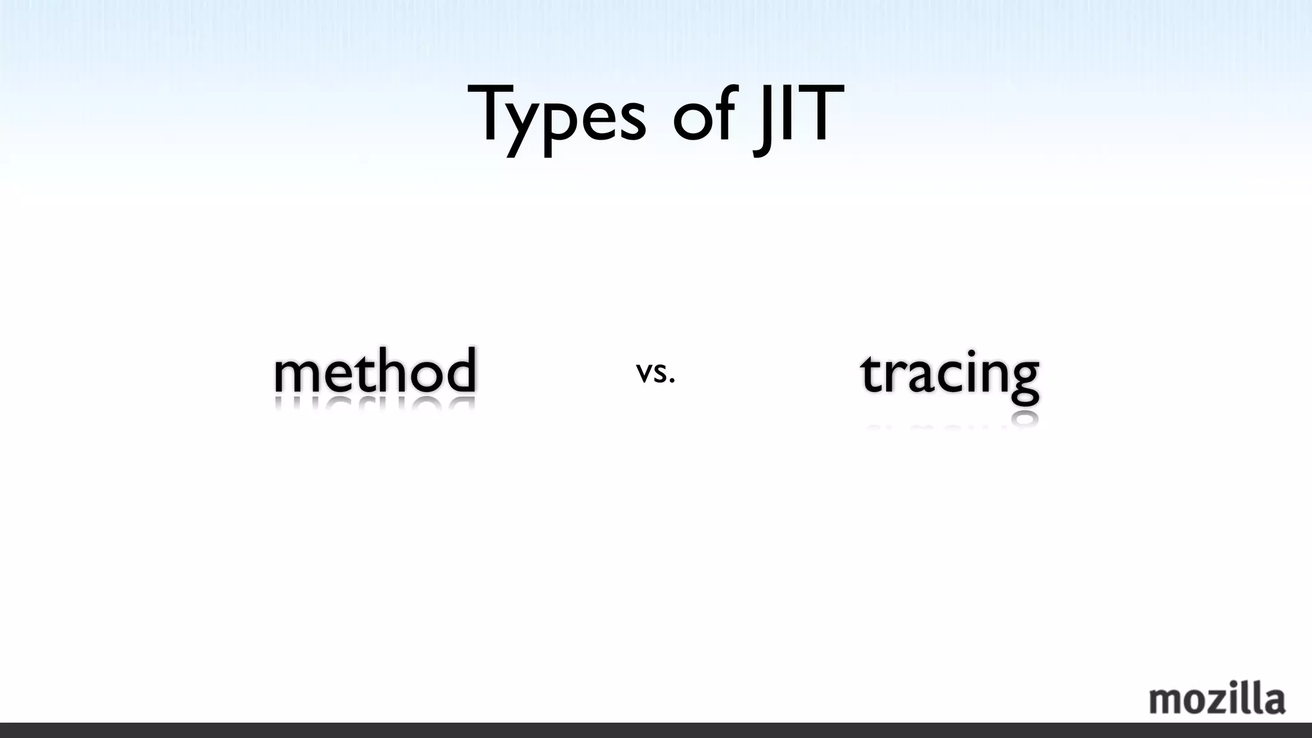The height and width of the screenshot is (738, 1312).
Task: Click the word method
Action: tap(375, 371)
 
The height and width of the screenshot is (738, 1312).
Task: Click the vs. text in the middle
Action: tap(655, 372)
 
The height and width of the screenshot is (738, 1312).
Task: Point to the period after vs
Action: tap(671, 382)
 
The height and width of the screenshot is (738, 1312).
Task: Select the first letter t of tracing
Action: tap(869, 373)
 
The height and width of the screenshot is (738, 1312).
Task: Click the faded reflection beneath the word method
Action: tap(375, 404)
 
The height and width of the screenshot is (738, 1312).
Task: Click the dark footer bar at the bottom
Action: tap(656, 730)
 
